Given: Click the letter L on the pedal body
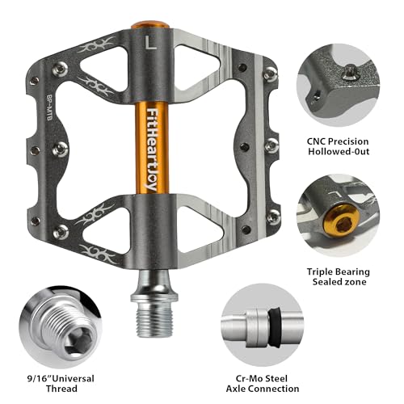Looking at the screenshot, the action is click(150, 43).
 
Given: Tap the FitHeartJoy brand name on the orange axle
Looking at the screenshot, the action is click(152, 149).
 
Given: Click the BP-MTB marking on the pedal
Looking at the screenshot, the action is click(48, 107).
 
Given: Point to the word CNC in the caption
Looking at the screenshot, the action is click(317, 141).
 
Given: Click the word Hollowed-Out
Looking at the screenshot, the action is click(339, 151).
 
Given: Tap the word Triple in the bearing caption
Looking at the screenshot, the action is click(319, 272).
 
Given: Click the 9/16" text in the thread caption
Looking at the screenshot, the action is click(40, 378).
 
